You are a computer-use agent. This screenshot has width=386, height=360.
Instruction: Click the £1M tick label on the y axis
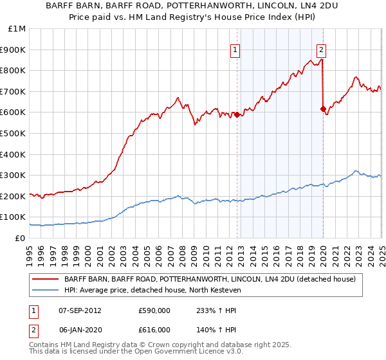tap(17, 29)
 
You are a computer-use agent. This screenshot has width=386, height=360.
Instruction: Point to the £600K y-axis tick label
tap(14, 113)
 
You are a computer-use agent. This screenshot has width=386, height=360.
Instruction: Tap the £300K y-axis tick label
tap(14, 175)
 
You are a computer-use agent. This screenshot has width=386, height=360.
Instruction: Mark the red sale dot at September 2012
tap(237, 114)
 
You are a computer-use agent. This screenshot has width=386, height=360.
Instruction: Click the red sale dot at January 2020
tap(322, 109)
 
